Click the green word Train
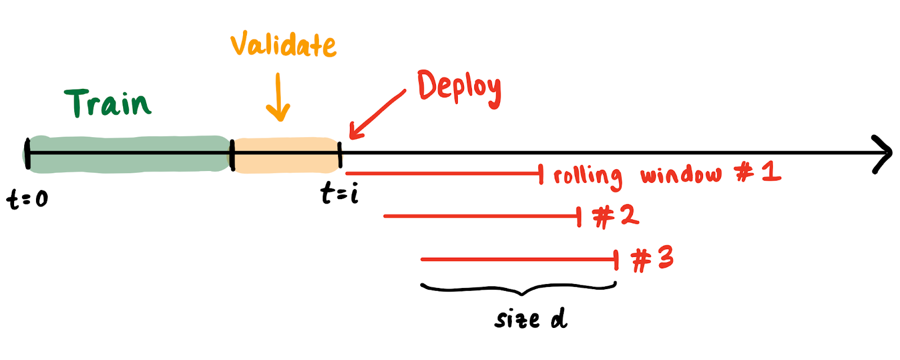coord(108,103)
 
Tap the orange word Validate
coord(283,45)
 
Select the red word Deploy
coord(458,88)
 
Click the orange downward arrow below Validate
coord(278,98)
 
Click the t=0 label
coord(28,199)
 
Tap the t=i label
coord(339,194)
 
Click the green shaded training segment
coord(129,154)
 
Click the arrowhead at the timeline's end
coord(883,153)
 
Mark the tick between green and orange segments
coord(232,154)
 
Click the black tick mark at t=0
coord(27,154)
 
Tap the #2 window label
coord(616,216)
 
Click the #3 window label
coord(652,259)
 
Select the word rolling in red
coord(587,176)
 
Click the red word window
coord(681,175)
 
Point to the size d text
coord(531,319)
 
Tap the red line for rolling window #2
coord(481,216)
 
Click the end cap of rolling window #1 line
coord(541,174)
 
